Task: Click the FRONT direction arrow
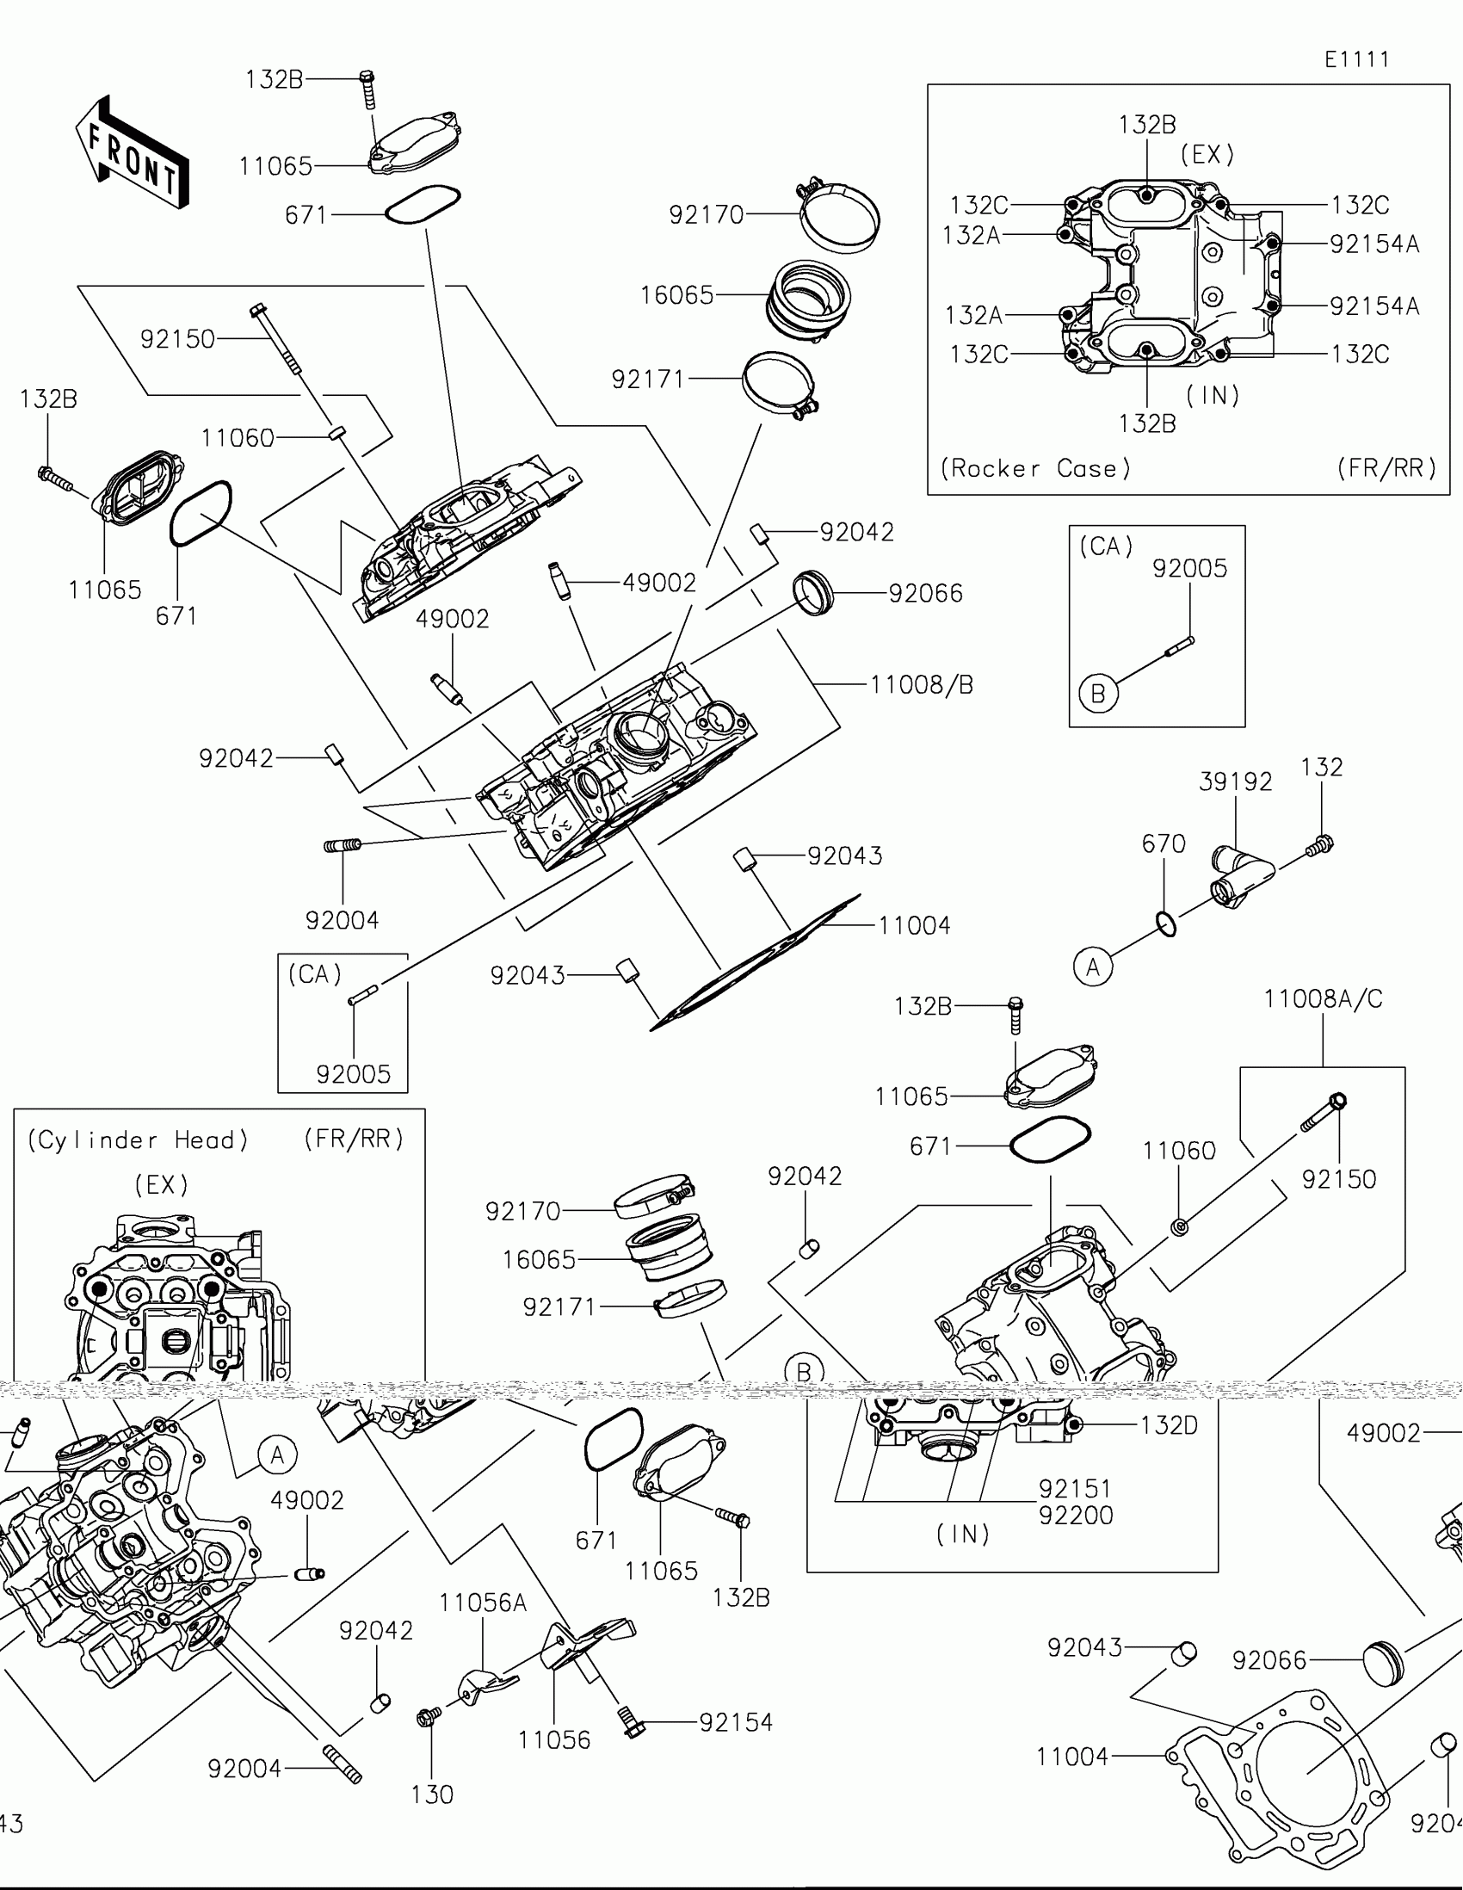(x=132, y=153)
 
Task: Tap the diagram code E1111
(x=1356, y=59)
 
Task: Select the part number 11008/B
(x=922, y=685)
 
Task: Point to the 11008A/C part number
(x=1323, y=999)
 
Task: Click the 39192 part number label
(x=1236, y=782)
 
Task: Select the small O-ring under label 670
(x=1166, y=924)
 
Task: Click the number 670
(x=1164, y=843)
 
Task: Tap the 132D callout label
(x=1169, y=1425)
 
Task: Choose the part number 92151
(x=1075, y=1488)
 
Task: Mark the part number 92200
(x=1076, y=1516)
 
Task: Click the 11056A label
(x=483, y=1603)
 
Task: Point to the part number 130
(x=432, y=1794)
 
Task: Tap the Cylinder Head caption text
(x=138, y=1140)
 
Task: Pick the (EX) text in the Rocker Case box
(x=1207, y=155)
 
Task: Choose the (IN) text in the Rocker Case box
(x=1213, y=396)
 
